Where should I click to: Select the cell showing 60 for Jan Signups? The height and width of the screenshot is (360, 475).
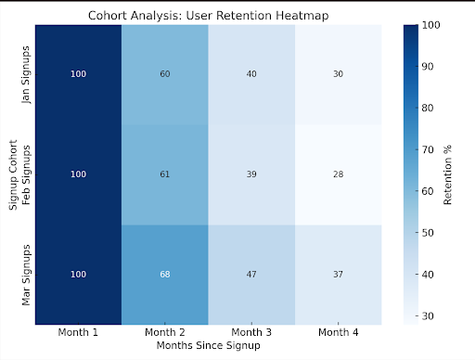(x=164, y=74)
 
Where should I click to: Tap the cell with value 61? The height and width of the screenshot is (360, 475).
(x=164, y=174)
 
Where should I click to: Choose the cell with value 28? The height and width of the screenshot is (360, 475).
(x=338, y=174)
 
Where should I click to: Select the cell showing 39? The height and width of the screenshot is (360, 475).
(x=250, y=174)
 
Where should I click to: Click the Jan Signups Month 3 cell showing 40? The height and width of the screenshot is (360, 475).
(x=250, y=74)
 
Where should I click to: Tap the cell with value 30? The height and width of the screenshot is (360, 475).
(x=338, y=74)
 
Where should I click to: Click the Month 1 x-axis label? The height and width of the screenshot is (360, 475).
(x=78, y=331)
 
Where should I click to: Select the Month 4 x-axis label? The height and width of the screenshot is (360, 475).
(x=338, y=331)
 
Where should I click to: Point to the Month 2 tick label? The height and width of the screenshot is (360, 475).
(x=164, y=331)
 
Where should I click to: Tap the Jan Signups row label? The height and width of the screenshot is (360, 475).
(x=26, y=74)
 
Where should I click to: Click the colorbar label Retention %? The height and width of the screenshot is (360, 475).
(x=449, y=174)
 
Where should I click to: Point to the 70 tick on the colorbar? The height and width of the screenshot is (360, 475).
(x=430, y=148)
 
